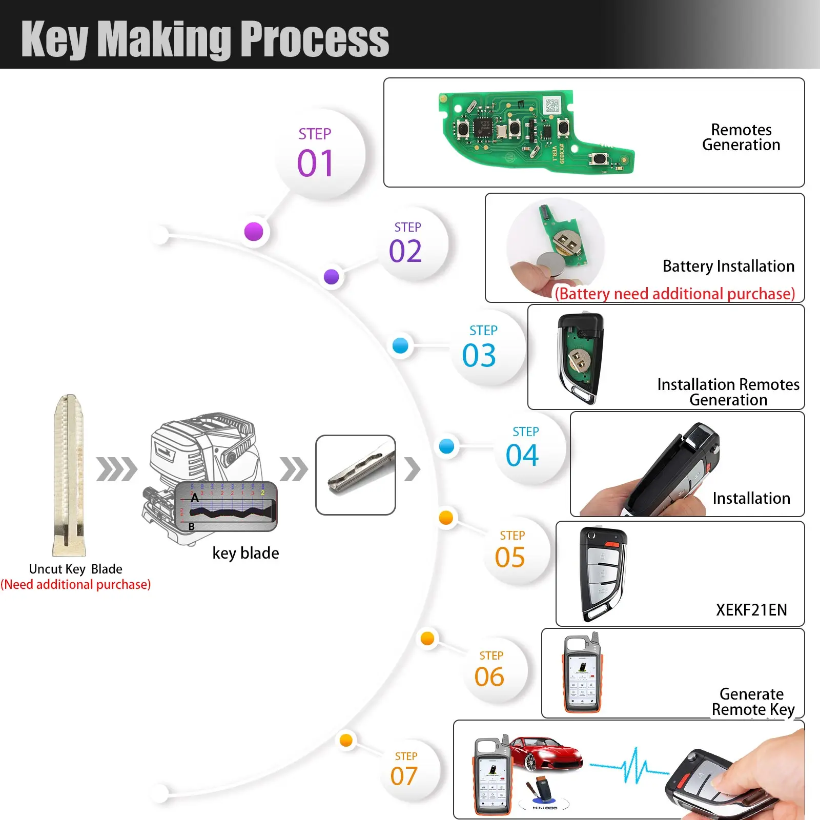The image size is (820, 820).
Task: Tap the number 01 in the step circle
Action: (315, 163)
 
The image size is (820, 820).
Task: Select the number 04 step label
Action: (522, 455)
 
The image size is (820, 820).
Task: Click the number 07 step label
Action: (404, 776)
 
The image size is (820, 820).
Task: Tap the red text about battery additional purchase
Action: (674, 294)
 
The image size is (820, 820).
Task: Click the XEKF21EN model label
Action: (751, 610)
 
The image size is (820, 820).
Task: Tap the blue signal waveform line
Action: (630, 766)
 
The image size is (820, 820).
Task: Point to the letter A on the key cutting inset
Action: (195, 498)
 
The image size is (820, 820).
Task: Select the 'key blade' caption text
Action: (245, 553)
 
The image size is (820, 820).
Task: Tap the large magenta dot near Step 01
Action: (254, 232)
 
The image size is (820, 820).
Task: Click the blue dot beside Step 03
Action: (400, 345)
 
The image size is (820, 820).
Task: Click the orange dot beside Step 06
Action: (427, 639)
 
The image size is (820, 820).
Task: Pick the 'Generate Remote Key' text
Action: (752, 702)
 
